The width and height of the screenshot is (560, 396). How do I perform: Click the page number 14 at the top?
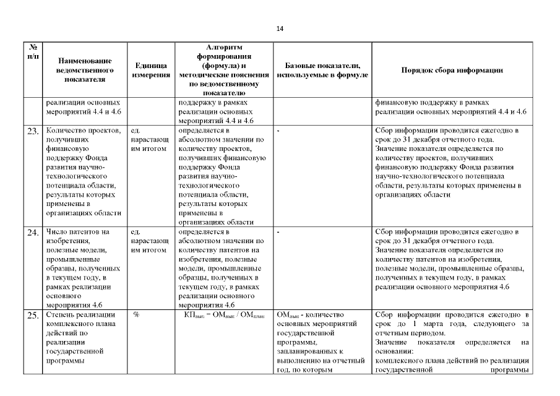[280, 28]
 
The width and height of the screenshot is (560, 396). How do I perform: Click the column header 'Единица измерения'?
[152, 70]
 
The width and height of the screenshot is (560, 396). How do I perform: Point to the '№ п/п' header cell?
[33, 51]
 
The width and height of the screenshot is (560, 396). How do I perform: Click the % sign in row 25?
[136, 315]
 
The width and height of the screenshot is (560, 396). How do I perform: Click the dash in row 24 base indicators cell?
[279, 232]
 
